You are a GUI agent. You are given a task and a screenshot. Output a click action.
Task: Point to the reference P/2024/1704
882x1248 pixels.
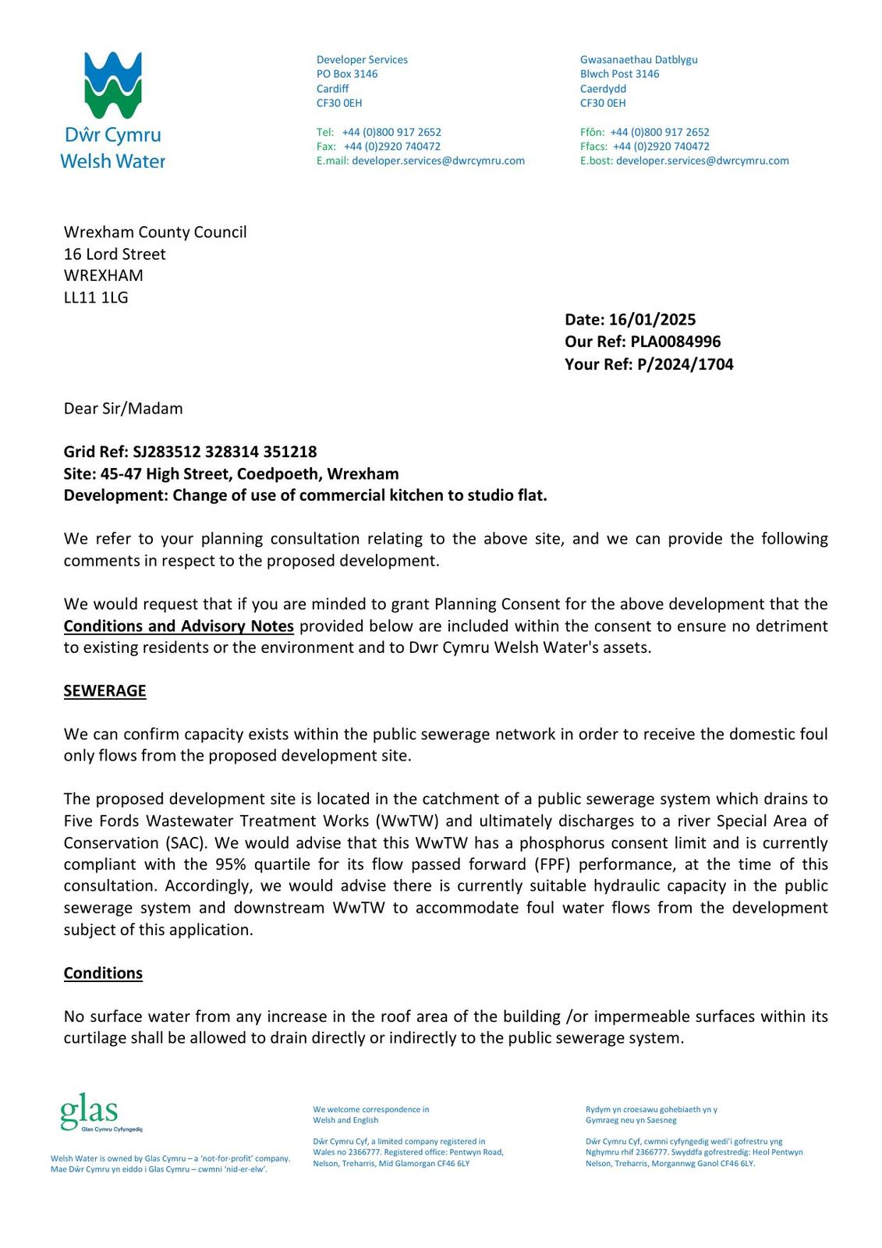click(685, 364)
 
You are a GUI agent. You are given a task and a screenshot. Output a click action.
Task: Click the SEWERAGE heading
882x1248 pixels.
click(104, 691)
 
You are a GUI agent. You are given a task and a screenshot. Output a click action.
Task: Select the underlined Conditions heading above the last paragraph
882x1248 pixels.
click(103, 973)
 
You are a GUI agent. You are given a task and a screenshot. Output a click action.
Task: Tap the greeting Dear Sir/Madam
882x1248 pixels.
click(123, 409)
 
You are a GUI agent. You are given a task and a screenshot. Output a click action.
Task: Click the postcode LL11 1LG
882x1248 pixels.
click(96, 297)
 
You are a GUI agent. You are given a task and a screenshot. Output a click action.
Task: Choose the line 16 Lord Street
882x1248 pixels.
click(115, 254)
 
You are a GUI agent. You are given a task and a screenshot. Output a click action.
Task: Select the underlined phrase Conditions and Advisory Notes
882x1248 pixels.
click(179, 626)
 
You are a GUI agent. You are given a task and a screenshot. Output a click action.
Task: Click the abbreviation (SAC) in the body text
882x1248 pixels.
click(181, 843)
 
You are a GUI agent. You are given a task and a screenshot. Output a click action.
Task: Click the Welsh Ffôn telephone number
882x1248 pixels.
click(660, 133)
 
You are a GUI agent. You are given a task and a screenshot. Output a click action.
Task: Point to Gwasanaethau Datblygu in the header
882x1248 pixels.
click(639, 60)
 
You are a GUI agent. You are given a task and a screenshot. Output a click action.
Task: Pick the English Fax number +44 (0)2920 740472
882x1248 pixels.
click(392, 147)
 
